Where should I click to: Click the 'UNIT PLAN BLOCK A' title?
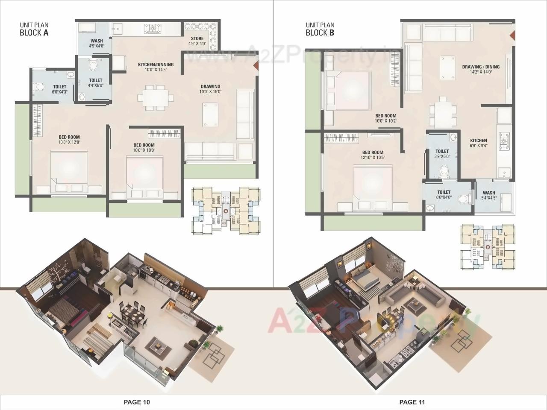[34, 29]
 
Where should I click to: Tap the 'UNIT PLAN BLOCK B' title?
[320, 29]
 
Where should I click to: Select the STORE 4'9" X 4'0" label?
[197, 41]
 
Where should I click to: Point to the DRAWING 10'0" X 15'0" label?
[211, 89]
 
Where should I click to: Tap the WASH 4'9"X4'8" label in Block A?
[97, 44]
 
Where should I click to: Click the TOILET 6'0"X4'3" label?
[59, 89]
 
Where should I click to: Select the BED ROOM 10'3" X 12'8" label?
[69, 140]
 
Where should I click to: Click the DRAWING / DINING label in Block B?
[480, 69]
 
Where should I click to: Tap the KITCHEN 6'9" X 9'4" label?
[478, 143]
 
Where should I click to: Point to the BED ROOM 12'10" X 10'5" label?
[373, 155]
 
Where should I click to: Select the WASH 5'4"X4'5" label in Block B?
[489, 195]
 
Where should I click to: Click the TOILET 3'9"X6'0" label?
[442, 154]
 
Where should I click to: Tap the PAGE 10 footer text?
[137, 402]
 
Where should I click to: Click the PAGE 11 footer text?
[412, 402]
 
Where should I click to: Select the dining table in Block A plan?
[156, 98]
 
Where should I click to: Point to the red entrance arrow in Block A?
[256, 65]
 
